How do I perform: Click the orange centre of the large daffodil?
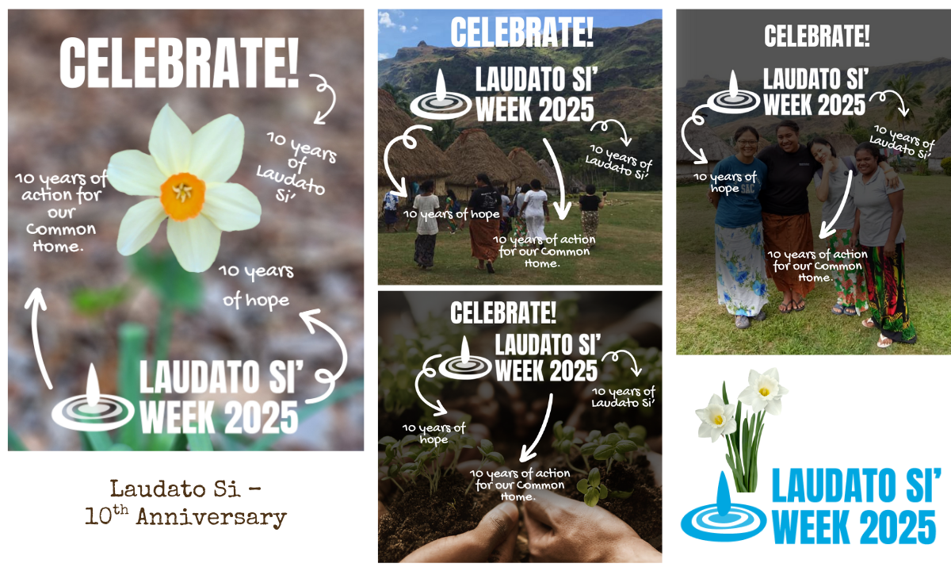(x=182, y=197)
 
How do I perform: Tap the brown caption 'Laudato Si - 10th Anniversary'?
(x=186, y=504)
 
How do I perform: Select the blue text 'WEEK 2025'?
(x=854, y=527)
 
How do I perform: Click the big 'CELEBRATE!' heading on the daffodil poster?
(x=179, y=63)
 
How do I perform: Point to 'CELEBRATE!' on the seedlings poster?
(x=503, y=312)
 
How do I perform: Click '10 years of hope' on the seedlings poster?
(x=433, y=433)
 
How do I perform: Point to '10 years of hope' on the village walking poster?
(x=451, y=214)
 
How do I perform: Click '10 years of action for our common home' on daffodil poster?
(x=61, y=212)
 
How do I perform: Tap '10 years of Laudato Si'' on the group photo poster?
(x=901, y=142)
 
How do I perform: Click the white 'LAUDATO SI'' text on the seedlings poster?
(x=548, y=344)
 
